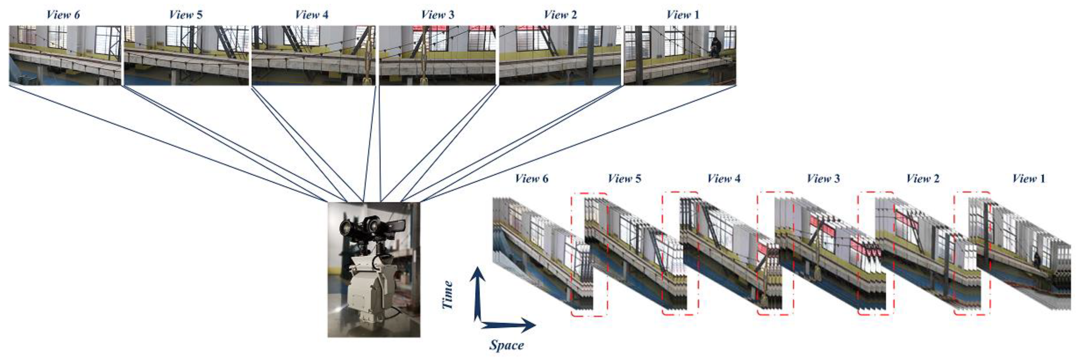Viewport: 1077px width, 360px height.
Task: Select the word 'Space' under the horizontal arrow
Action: click(506, 345)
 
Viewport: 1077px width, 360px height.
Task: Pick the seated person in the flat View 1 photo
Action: click(715, 47)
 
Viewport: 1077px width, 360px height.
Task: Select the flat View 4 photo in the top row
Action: click(313, 55)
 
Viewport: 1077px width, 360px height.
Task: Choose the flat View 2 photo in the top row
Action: click(560, 55)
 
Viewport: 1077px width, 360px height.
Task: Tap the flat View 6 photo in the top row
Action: click(65, 55)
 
